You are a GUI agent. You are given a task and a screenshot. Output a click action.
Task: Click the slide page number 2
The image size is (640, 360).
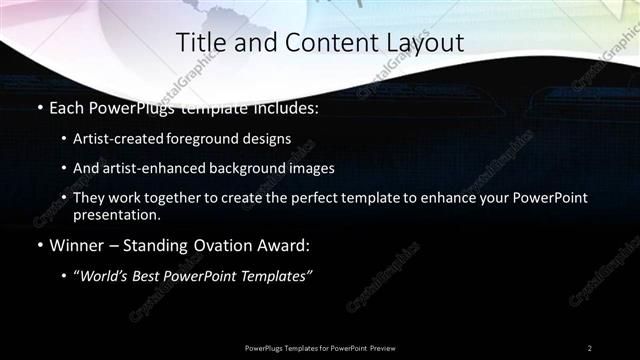click(x=590, y=347)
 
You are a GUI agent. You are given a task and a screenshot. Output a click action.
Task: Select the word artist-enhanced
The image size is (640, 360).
click(x=146, y=168)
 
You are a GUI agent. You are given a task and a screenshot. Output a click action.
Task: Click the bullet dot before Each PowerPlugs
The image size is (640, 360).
click(x=39, y=107)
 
